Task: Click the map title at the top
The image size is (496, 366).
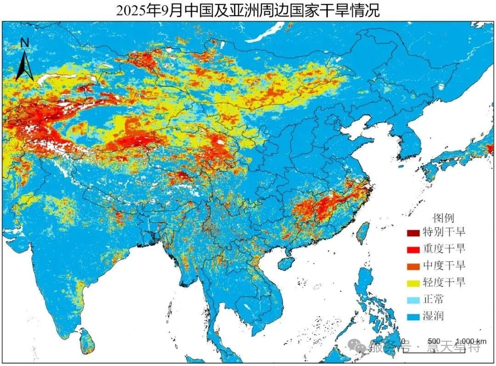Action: coord(248,10)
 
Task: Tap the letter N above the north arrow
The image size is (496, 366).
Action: coord(25,43)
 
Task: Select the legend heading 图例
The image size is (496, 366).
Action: coord(443,218)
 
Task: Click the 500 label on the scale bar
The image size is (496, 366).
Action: coord(434,341)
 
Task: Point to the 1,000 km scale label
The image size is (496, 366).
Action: coord(471,341)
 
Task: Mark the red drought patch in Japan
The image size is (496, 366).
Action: coord(490,148)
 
